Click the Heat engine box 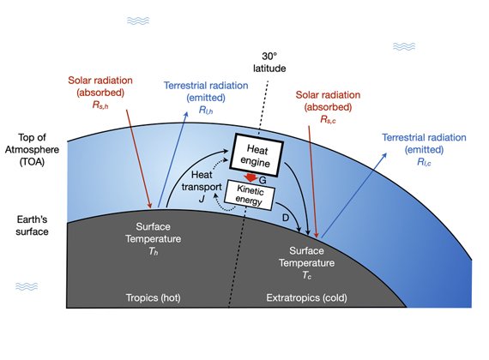point(257,155)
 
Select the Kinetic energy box point(250,195)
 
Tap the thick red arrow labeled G point(251,178)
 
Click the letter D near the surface point(286,217)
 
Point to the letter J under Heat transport point(202,199)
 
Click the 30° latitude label point(269,63)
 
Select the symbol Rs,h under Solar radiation point(100,105)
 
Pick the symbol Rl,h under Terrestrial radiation point(206,110)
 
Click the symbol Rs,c point(328,119)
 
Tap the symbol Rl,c point(424,162)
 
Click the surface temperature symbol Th point(153,251)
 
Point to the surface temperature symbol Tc point(306,275)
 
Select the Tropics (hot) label point(153,297)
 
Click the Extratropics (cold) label point(306,297)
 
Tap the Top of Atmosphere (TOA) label point(32,150)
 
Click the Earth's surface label point(32,225)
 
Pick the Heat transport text point(202,181)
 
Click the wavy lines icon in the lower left point(27,286)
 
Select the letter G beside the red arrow point(263,180)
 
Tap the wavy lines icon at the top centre point(138,21)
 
